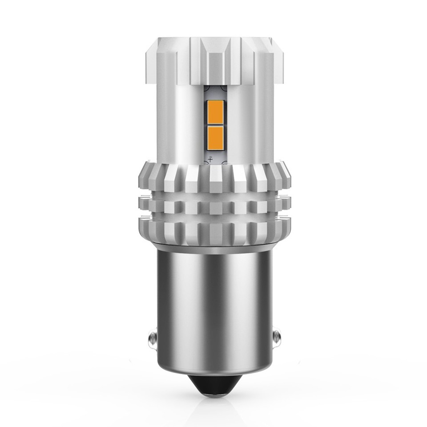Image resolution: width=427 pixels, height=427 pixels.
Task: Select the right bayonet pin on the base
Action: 276,337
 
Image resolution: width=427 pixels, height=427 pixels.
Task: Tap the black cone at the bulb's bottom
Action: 214,384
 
